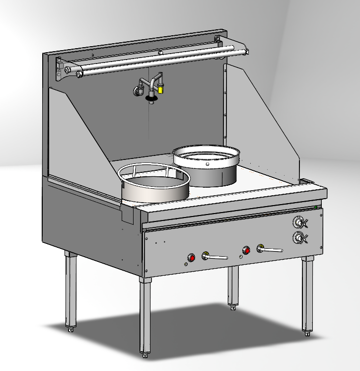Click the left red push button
click(x=191, y=257)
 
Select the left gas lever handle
click(x=217, y=257)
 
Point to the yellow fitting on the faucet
click(x=161, y=89)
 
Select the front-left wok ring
click(x=154, y=183)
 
